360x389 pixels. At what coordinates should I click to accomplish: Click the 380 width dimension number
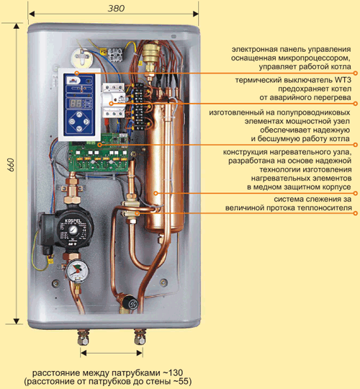(116, 9)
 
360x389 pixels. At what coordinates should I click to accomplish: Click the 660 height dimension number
(11, 165)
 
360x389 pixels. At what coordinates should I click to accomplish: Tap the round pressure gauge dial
(77, 271)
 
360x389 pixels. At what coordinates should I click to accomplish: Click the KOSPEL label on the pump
(71, 220)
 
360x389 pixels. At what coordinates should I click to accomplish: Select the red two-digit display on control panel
(75, 103)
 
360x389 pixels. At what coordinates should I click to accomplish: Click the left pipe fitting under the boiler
(83, 337)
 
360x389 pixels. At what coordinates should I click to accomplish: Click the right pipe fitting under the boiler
(140, 336)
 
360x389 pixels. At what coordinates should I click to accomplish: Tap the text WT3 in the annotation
(343, 81)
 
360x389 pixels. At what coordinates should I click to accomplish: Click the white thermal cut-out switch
(114, 100)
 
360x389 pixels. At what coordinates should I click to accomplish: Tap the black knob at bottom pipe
(131, 303)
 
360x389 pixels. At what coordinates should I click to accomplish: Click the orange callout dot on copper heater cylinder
(156, 193)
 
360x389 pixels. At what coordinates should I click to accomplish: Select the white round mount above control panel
(82, 57)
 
